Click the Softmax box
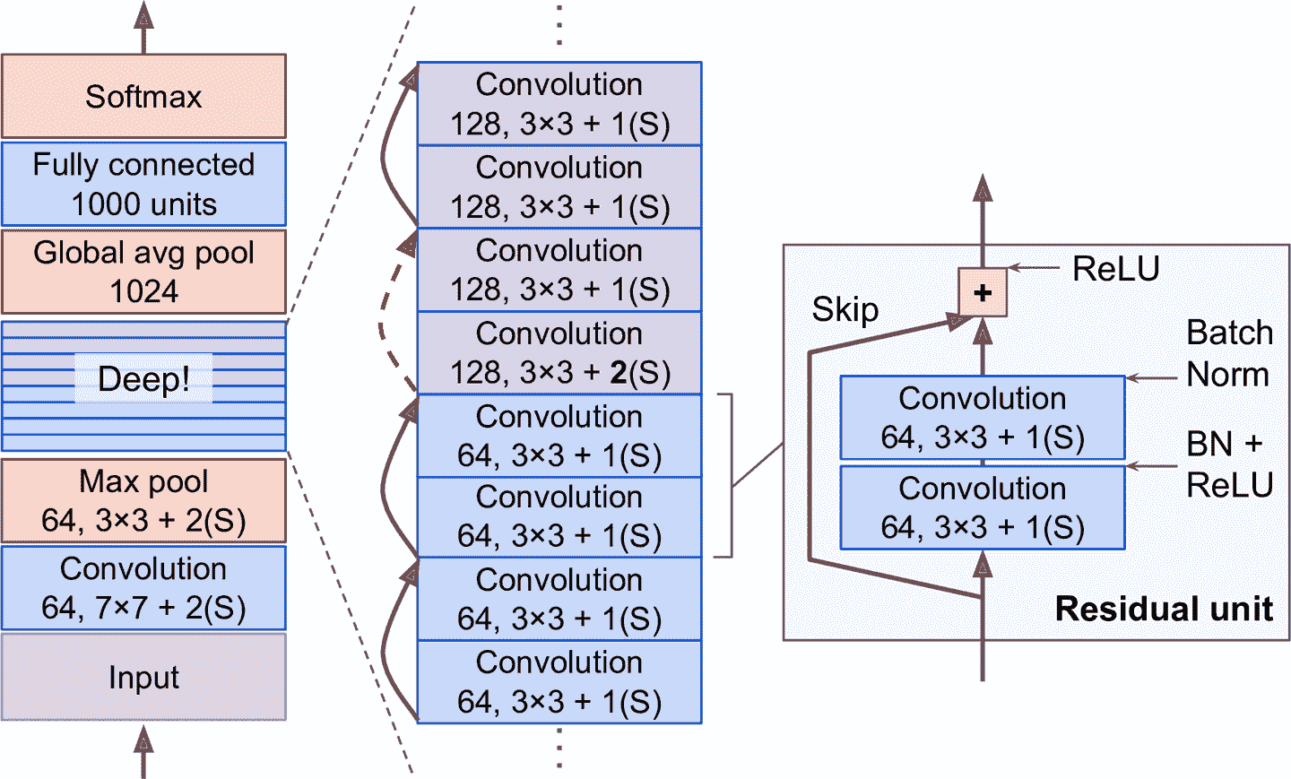(x=143, y=96)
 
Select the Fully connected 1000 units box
(x=143, y=184)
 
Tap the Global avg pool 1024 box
(x=143, y=272)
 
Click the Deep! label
(x=143, y=379)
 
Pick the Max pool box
(x=143, y=500)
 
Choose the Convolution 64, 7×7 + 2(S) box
(x=143, y=588)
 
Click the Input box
(x=143, y=677)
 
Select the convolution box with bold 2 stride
(x=559, y=353)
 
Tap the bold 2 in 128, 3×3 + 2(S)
(x=618, y=373)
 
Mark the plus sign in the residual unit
(x=983, y=292)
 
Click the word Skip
(x=845, y=310)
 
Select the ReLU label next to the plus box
(x=1115, y=269)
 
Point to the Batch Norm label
(x=1229, y=353)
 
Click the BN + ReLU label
(x=1229, y=464)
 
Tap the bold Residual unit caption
(x=1164, y=609)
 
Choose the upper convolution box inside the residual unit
(x=983, y=418)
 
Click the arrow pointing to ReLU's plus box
(x=1034, y=267)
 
